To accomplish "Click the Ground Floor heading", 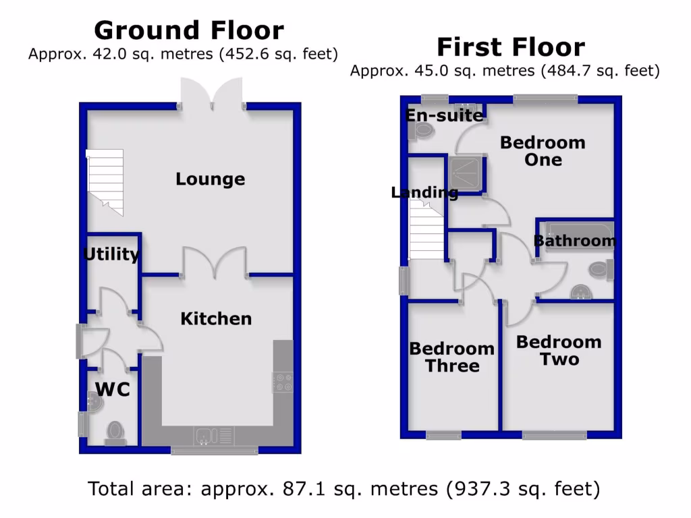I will (189, 30).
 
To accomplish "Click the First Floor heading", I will (510, 47).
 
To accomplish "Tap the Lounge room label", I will (210, 179).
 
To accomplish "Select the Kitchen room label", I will (216, 318).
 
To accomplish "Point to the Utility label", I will (111, 254).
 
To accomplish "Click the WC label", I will (112, 389).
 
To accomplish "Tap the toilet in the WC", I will (115, 432).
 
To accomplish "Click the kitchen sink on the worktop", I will (206, 436).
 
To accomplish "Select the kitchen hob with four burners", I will (283, 382).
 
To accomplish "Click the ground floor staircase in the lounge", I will (106, 180).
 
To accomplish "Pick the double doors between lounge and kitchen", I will (215, 263).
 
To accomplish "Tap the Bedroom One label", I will (543, 151).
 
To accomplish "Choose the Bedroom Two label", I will (559, 351).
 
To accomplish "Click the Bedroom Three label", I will (451, 357).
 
